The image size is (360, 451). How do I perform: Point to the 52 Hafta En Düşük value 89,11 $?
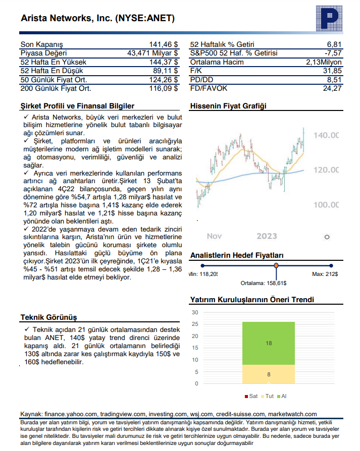[x=165, y=71]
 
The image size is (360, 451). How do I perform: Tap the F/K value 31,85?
[x=333, y=71]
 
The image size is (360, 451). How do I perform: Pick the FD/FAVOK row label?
[x=209, y=88]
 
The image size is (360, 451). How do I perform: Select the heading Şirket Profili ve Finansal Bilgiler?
[x=77, y=106]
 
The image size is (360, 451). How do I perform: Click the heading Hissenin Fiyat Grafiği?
[x=228, y=106]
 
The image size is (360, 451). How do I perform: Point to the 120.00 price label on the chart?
[x=326, y=170]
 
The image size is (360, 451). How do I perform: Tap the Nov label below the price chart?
[x=215, y=236]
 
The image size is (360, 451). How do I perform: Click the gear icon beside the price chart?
[x=327, y=237]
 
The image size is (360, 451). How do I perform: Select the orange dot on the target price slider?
[x=276, y=265]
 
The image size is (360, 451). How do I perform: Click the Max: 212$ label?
[x=325, y=274]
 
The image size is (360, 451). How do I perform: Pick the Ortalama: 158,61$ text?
[x=263, y=283]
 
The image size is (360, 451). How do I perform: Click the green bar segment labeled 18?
[x=269, y=343]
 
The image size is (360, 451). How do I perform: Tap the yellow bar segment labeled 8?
[x=269, y=374]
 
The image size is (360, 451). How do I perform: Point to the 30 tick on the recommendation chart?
[x=195, y=312]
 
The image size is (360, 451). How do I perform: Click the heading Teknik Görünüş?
[x=48, y=317]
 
